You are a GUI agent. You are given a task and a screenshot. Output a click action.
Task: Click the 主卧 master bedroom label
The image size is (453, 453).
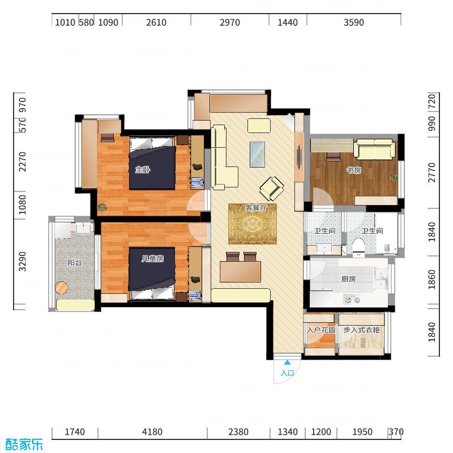[142, 169]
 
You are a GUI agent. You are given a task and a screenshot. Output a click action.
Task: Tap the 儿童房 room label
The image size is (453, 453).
[152, 259]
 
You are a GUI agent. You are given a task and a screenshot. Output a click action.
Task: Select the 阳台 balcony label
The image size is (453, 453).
[74, 263]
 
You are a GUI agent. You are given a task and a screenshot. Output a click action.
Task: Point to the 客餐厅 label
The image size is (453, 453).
[256, 208]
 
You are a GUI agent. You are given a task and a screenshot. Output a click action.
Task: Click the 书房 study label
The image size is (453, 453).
[354, 170]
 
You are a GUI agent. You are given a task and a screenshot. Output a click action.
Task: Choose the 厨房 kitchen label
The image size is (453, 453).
[348, 279]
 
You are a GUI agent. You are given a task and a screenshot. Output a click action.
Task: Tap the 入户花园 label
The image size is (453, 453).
[321, 330]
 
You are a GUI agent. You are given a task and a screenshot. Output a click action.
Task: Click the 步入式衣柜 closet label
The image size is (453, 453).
[362, 330]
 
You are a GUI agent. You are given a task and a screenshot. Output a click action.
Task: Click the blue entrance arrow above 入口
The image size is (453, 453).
[288, 363]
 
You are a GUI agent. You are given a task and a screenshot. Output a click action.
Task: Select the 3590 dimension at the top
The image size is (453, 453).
[353, 23]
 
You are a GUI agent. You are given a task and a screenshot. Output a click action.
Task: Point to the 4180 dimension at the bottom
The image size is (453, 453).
[152, 432]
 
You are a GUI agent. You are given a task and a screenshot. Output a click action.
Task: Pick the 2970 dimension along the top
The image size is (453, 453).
[229, 23]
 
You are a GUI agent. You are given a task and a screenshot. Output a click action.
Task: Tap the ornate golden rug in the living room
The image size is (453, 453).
[253, 224]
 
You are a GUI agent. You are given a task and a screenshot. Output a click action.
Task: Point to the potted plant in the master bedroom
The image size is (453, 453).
[102, 207]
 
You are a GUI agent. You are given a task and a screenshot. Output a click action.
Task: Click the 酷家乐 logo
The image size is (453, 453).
[24, 443]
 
